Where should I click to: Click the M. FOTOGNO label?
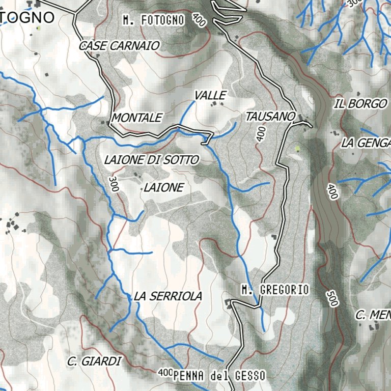(x=153, y=20)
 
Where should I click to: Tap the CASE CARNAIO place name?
(x=119, y=46)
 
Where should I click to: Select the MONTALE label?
(x=136, y=118)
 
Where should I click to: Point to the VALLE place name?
(x=210, y=95)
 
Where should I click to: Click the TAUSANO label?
(x=270, y=117)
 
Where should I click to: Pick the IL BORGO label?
(x=361, y=104)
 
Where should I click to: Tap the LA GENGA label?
(x=366, y=143)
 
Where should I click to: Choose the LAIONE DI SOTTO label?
(x=151, y=160)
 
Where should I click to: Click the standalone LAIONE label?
(x=163, y=188)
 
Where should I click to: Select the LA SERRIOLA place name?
(x=168, y=296)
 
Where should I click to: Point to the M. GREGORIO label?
(x=275, y=290)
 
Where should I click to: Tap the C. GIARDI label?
(x=95, y=361)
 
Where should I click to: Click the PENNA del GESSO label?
(x=219, y=376)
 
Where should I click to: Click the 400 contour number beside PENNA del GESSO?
(x=165, y=373)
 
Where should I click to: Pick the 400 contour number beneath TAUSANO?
(x=261, y=134)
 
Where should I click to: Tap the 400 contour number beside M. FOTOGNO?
(x=199, y=20)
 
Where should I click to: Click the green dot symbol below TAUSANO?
(x=297, y=149)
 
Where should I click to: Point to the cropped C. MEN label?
(x=373, y=315)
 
